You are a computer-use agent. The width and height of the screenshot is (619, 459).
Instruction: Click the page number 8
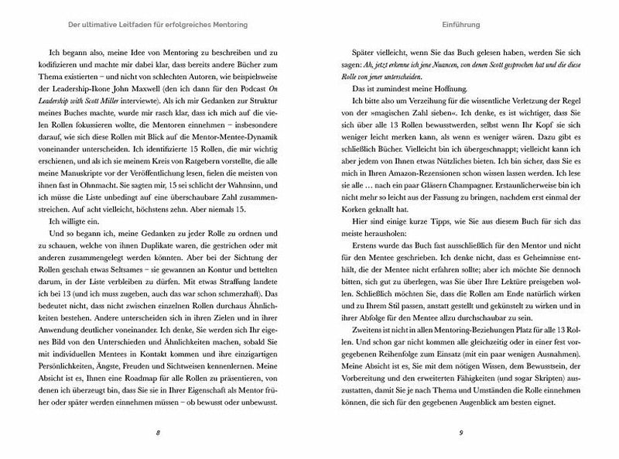point(157,431)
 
